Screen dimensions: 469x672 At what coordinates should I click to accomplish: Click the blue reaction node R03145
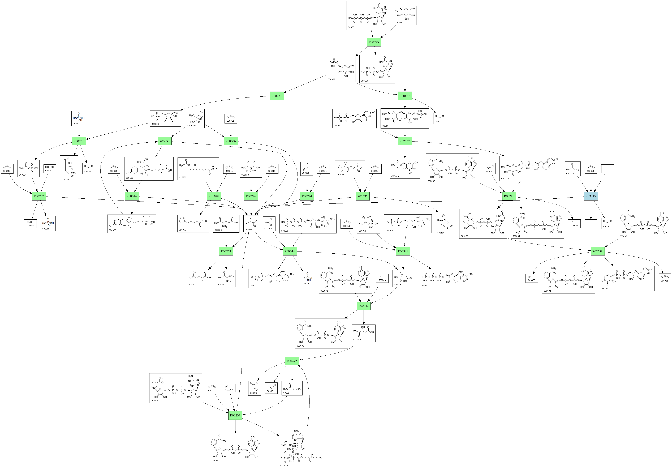coord(591,196)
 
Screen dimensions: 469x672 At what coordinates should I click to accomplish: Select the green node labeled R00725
coord(374,42)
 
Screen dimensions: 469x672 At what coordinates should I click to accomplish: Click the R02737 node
coord(405,141)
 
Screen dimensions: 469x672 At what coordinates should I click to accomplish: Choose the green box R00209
coord(235,415)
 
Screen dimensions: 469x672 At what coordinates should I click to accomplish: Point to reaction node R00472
coord(292,361)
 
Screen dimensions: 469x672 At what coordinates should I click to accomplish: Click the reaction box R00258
coord(226,251)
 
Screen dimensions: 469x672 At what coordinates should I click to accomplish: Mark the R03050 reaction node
coord(165,141)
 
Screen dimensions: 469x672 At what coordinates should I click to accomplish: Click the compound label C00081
coord(351,27)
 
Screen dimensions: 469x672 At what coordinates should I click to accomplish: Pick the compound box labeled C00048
coord(254,388)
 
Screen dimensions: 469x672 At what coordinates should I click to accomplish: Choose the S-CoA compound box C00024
coord(292,388)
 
